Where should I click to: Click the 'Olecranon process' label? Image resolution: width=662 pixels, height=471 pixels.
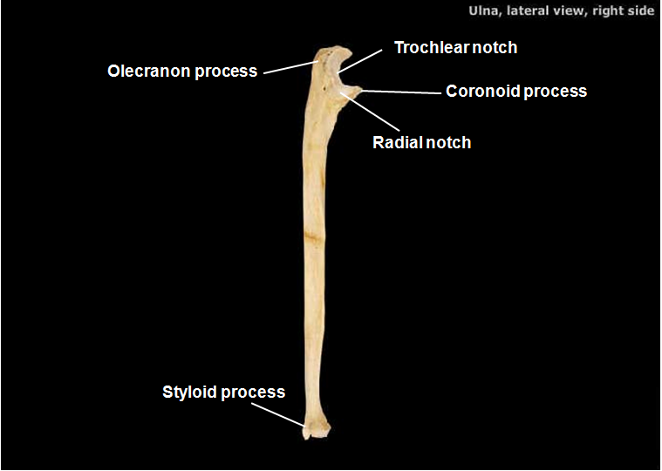point(182,71)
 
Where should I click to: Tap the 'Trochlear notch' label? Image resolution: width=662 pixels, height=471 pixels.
point(455,47)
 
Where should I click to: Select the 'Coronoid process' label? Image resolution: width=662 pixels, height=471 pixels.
point(516,91)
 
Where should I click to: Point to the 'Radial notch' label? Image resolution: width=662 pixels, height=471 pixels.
point(421,142)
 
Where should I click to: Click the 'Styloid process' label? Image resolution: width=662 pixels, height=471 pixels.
point(223,392)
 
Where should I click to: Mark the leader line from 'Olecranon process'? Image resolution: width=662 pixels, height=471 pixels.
point(290,66)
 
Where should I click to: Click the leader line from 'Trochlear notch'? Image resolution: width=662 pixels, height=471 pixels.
point(361,59)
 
